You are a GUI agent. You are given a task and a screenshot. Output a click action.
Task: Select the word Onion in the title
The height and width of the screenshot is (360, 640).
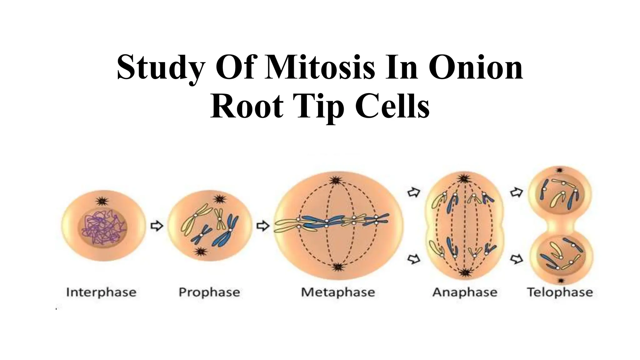coord(475,67)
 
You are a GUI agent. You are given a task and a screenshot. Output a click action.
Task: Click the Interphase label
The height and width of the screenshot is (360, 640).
coord(101,292)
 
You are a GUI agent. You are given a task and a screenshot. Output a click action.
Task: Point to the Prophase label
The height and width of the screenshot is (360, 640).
coord(209,292)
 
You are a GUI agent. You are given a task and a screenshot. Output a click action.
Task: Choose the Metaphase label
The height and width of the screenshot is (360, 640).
coord(338,292)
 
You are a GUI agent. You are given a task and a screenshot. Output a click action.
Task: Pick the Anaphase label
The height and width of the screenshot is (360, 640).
coord(465,292)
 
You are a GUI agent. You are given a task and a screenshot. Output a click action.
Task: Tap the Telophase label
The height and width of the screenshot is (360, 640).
coord(560,292)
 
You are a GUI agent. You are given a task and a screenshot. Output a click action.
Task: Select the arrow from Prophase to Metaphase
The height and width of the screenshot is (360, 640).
coord(263,226)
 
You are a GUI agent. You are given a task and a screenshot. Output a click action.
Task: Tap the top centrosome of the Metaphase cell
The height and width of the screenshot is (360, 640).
coord(336,181)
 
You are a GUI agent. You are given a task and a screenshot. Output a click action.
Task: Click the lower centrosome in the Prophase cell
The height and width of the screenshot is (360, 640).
coord(199,252)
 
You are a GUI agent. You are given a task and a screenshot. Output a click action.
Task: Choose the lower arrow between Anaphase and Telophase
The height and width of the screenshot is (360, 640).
coord(517,259)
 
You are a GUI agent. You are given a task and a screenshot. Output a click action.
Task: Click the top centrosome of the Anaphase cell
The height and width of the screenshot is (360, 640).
coord(465,179)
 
